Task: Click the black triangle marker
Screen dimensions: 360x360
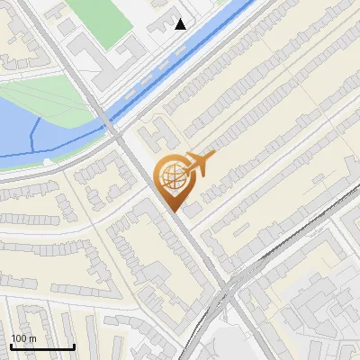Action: tap(181, 24)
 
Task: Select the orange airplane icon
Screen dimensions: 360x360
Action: tap(199, 164)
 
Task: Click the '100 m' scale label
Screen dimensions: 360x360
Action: tap(24, 337)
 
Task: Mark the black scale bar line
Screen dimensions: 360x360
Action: tap(42, 346)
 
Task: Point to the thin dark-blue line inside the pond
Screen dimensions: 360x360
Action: tap(32, 135)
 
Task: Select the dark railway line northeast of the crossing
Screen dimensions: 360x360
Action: tap(288, 243)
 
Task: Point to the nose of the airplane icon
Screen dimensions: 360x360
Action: tap(214, 156)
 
